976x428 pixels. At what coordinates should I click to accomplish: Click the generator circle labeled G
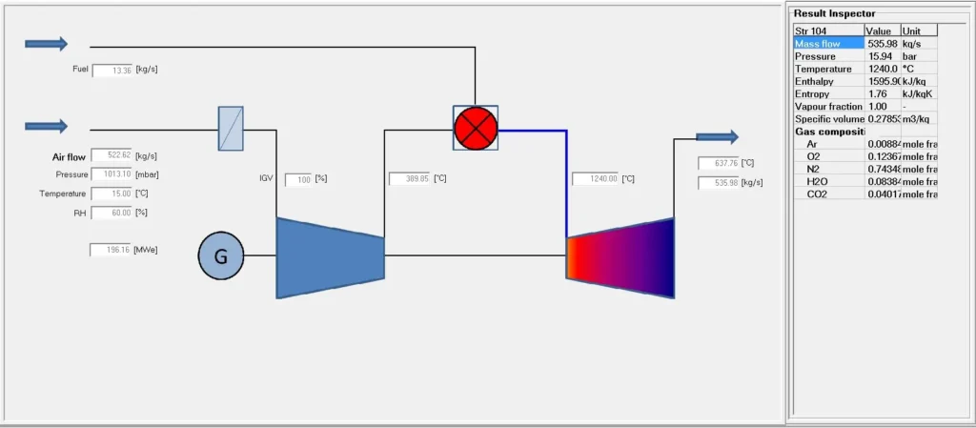click(221, 255)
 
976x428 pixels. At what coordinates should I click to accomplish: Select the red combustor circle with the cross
click(475, 128)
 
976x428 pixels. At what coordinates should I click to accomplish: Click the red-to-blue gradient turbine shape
click(620, 257)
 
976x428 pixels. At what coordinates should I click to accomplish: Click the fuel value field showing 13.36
click(112, 70)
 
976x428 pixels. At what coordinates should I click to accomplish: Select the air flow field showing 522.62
click(111, 155)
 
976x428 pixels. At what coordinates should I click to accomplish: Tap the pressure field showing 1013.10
click(111, 174)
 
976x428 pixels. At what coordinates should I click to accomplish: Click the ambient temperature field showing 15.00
click(111, 194)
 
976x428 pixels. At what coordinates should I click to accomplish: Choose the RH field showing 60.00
click(111, 213)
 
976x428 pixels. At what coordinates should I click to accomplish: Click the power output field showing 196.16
click(111, 250)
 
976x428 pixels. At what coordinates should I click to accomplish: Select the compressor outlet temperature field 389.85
click(409, 178)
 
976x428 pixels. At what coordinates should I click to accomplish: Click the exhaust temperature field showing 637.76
click(719, 163)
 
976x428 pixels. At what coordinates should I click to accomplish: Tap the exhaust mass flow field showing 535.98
click(719, 183)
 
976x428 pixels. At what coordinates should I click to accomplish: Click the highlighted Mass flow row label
click(818, 44)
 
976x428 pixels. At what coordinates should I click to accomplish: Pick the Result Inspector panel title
click(834, 13)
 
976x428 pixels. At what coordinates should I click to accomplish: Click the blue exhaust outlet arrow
click(716, 137)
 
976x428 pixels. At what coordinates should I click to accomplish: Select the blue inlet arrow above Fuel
click(46, 43)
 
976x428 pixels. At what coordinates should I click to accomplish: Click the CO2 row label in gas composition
click(818, 194)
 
